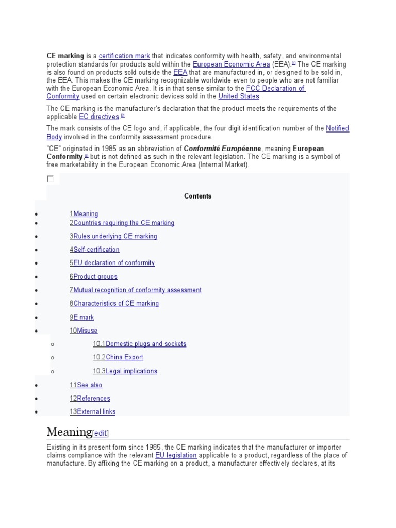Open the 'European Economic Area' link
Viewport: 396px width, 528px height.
click(x=231, y=64)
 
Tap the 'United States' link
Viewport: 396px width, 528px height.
click(x=239, y=96)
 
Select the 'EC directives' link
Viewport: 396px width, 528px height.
click(x=98, y=117)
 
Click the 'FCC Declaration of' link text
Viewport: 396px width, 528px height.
click(x=275, y=88)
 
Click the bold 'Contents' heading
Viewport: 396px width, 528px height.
click(x=197, y=196)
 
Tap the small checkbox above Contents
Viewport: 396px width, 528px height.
click(x=50, y=179)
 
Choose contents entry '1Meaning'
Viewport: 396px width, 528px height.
click(x=84, y=214)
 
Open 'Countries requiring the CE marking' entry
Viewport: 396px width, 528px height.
click(x=122, y=223)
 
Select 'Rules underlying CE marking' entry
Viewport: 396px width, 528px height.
click(x=113, y=236)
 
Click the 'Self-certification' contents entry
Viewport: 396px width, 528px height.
click(x=94, y=250)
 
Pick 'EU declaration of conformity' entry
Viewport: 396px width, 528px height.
click(x=112, y=263)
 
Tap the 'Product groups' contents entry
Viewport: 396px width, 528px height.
click(x=93, y=277)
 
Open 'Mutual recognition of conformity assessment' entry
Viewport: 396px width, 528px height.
click(x=136, y=290)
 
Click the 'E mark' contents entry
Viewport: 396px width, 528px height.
click(x=82, y=317)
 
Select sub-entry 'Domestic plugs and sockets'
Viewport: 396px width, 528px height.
click(x=140, y=344)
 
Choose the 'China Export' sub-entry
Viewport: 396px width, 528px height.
click(x=118, y=357)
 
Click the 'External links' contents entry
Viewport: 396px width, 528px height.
click(x=93, y=411)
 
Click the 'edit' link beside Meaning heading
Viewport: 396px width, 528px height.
click(x=101, y=434)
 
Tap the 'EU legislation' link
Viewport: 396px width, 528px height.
click(x=176, y=455)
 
